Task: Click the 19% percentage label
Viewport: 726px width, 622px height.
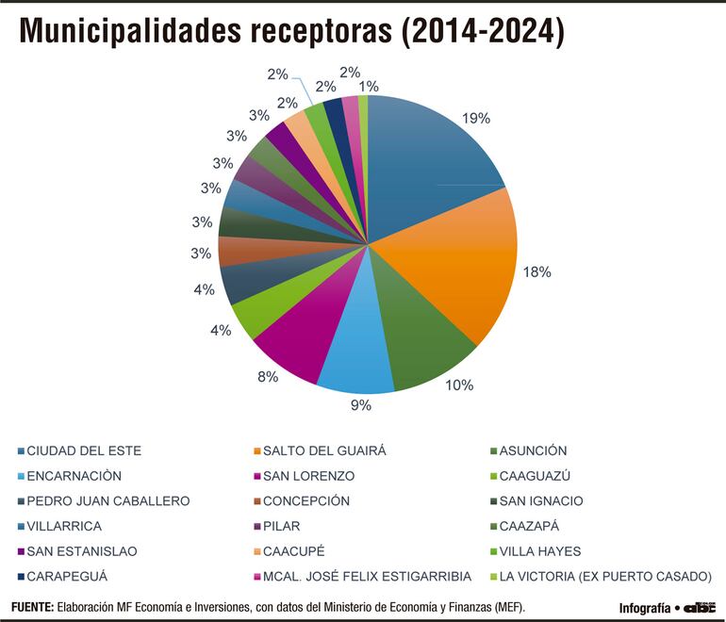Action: (476, 118)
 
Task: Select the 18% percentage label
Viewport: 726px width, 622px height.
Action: (536, 271)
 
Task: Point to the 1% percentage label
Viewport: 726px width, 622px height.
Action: (369, 86)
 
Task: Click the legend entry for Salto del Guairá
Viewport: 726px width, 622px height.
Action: (324, 450)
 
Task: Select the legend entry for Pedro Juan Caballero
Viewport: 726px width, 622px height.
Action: (108, 501)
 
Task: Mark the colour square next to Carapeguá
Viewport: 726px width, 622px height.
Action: (20, 577)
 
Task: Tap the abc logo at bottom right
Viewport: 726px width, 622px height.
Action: (699, 607)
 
